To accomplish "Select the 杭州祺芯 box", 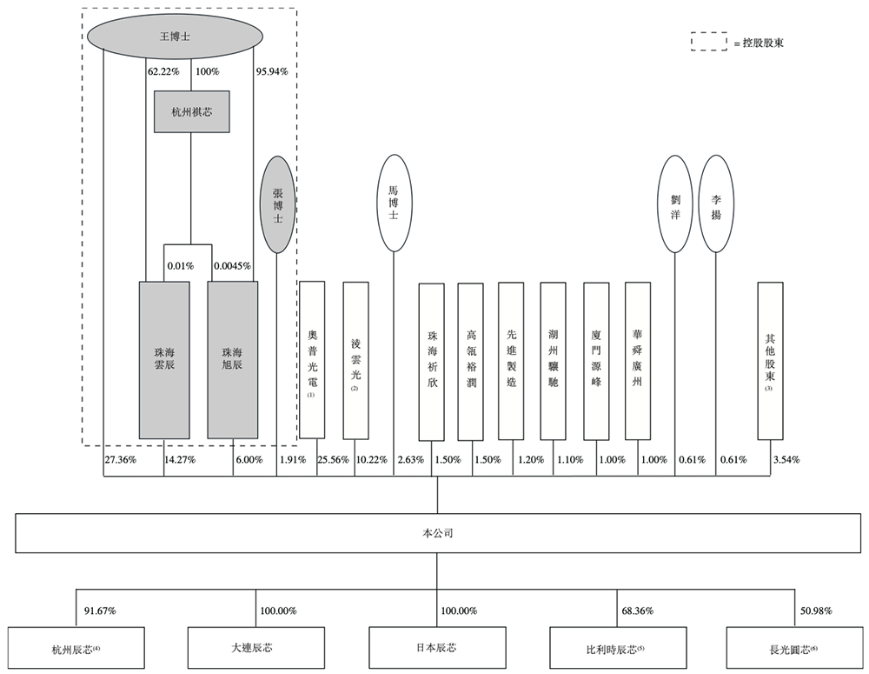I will (x=191, y=111).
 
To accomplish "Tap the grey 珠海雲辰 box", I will (x=164, y=359).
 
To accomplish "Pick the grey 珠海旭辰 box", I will (x=232, y=359).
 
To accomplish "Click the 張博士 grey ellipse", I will (x=277, y=204).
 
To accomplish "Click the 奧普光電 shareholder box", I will (x=311, y=359).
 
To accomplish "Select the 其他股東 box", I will (x=770, y=360).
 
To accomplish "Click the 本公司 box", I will (x=436, y=533).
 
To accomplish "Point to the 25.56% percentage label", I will (x=335, y=460).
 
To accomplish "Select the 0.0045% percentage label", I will (x=233, y=266).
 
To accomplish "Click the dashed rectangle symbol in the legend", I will (x=709, y=42).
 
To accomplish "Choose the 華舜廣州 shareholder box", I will (x=638, y=359).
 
